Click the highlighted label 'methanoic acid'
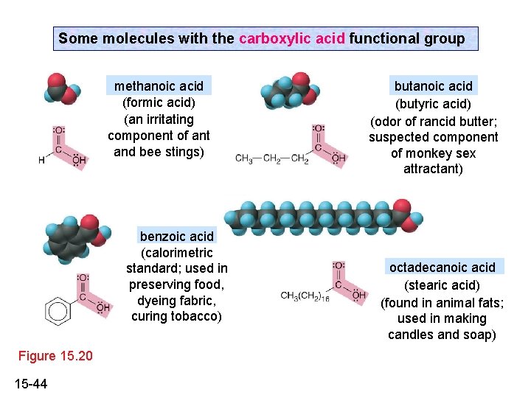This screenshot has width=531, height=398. coord(159,86)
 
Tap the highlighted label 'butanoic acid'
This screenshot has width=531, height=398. coord(433,85)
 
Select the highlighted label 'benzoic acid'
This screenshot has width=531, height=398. coord(177,237)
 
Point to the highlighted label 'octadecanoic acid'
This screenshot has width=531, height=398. coord(442,267)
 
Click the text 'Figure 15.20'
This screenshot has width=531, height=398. coord(55,356)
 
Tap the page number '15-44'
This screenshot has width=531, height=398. coord(30,383)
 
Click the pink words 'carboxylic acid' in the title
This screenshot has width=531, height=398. coord(292,38)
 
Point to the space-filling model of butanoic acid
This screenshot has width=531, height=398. coord(285,90)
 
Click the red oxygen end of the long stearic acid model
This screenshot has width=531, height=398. coord(403,209)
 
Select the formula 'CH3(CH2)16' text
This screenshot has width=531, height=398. coord(305,296)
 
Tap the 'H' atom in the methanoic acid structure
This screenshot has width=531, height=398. coord(41,159)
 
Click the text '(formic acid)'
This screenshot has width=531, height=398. coord(159,102)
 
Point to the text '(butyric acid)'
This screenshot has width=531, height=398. coord(433,103)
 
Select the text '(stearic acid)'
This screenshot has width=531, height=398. coord(442,284)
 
